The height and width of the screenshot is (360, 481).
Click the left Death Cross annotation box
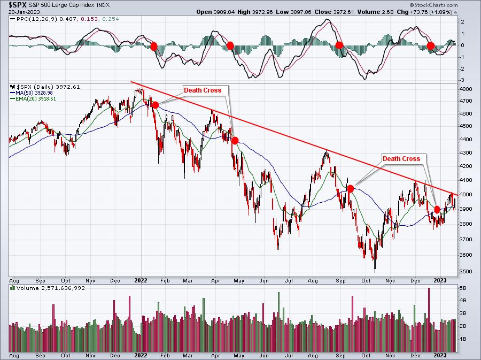pos(203,90)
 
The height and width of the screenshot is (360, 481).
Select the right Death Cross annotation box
pos(401,158)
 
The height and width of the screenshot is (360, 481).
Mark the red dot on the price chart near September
pos(350,188)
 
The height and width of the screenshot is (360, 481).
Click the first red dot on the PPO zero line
pos(154,46)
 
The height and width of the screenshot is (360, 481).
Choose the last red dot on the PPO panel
pos(431,47)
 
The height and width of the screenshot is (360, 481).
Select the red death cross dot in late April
pos(234,141)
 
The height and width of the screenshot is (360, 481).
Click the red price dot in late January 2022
pos(155,105)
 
